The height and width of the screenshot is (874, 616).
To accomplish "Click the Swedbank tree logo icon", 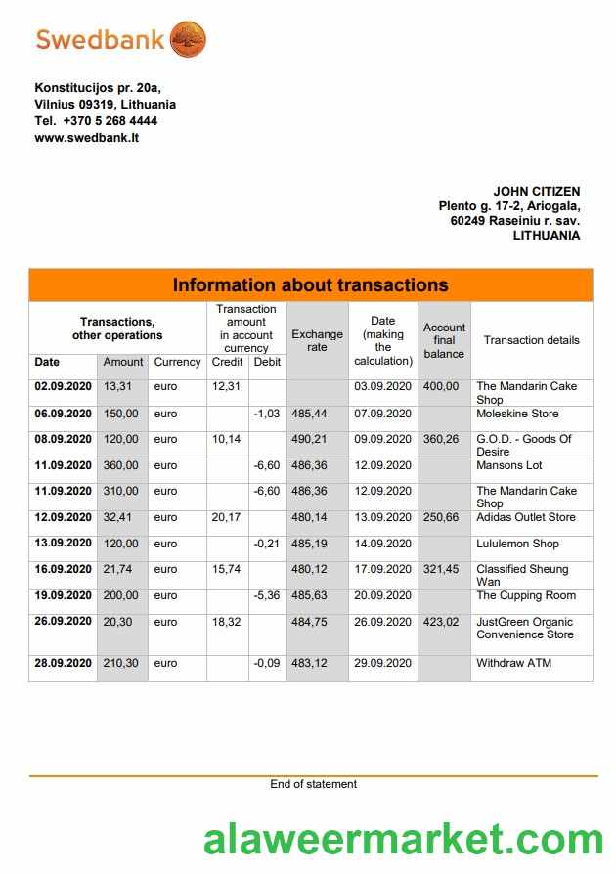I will tap(188, 40).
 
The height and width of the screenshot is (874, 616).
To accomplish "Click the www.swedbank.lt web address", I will tap(87, 138).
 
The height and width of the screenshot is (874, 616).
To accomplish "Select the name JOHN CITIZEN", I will tap(536, 192).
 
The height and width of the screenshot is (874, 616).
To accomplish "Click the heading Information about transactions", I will tap(310, 285).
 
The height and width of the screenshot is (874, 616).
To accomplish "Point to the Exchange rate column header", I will tap(317, 340).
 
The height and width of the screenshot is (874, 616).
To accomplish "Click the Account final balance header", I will tap(444, 340).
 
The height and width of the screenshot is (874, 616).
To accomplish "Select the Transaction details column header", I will tap(531, 340).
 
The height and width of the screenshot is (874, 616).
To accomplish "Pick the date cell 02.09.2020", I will tap(63, 386).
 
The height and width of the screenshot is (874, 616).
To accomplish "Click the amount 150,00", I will tap(122, 414).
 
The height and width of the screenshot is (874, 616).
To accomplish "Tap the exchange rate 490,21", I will tap(309, 439).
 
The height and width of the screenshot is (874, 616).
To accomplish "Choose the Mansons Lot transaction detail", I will tap(508, 465).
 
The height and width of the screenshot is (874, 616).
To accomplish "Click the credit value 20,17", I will tap(227, 517).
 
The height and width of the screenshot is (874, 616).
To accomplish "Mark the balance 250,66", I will tap(441, 517).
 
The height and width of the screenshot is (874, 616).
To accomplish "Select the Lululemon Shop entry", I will tap(517, 544).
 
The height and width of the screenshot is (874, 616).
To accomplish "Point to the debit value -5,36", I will tap(266, 595).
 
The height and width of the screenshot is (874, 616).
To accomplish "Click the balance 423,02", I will tap(441, 622).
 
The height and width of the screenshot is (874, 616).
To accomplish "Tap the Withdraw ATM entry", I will tap(513, 663).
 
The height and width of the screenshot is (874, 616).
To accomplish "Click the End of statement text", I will tap(313, 784).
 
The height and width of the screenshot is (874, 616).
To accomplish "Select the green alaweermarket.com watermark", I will tap(403, 840).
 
